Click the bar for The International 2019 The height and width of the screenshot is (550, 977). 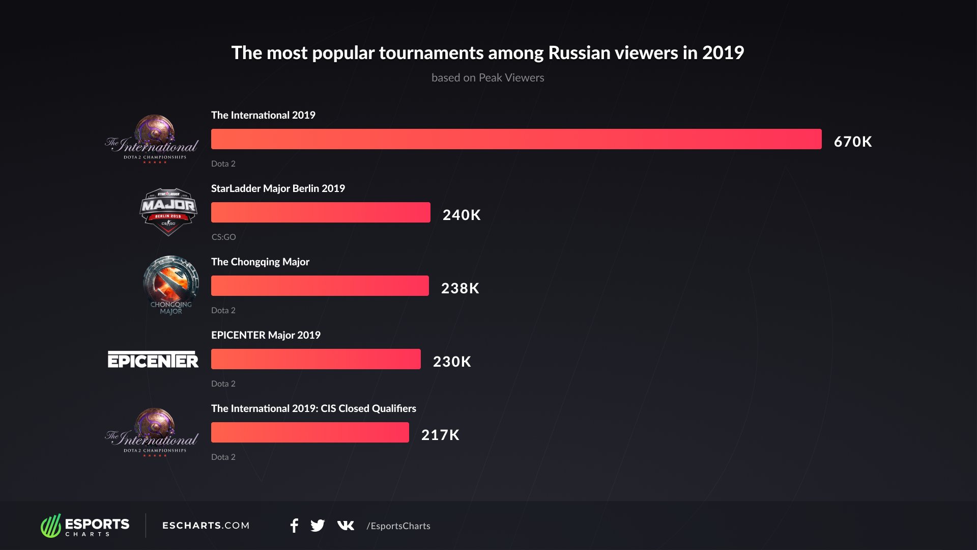point(516,139)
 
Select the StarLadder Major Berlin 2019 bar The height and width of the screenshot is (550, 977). point(321,212)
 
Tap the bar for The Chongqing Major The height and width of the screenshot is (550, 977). point(320,286)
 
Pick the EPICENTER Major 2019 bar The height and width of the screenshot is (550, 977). point(315,359)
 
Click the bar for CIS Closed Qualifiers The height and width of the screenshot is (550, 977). point(310,432)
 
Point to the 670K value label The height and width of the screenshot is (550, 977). point(853,142)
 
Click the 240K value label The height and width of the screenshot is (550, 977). point(462,215)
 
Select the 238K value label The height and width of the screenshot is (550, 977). point(460,288)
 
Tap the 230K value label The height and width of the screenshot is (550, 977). point(452,362)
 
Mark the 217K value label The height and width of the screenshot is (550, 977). point(440,435)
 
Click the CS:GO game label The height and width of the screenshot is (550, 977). point(223,237)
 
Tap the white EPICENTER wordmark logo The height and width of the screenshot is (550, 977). point(153,360)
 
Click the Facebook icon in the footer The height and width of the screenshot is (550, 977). point(294,526)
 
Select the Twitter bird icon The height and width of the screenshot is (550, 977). point(318,526)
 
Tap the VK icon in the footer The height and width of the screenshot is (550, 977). point(346,526)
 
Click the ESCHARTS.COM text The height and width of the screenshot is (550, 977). point(206,526)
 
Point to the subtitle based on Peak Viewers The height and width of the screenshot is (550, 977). point(487,77)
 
